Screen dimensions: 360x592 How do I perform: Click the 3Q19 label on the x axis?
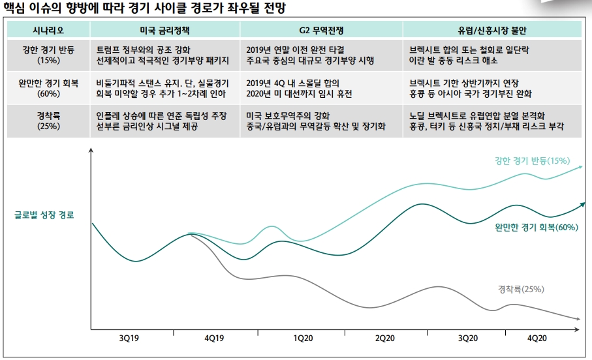pyautogui.click(x=129, y=338)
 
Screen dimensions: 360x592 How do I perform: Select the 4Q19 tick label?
pyautogui.click(x=214, y=338)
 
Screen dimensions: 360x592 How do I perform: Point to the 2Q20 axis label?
pyautogui.click(x=385, y=338)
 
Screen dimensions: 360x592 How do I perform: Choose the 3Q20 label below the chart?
pyautogui.click(x=468, y=338)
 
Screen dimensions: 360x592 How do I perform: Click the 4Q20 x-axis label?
pyautogui.click(x=537, y=338)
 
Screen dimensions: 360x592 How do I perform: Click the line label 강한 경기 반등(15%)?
pyautogui.click(x=533, y=160)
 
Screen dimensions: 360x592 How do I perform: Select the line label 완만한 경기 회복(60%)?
pyautogui.click(x=537, y=227)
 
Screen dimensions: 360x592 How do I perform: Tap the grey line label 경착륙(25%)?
pyautogui.click(x=521, y=288)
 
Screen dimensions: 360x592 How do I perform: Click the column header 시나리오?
pyautogui.click(x=48, y=30)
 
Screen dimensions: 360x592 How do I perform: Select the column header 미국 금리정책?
pyautogui.click(x=164, y=30)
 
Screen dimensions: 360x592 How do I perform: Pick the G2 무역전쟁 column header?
pyautogui.click(x=320, y=30)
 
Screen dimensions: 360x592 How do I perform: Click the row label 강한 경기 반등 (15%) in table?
pyautogui.click(x=48, y=55)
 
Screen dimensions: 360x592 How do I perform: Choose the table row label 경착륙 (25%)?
pyautogui.click(x=48, y=121)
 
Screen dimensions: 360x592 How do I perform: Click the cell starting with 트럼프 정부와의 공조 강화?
pyautogui.click(x=163, y=55)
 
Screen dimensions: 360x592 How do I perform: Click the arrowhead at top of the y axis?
pyautogui.click(x=91, y=151)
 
